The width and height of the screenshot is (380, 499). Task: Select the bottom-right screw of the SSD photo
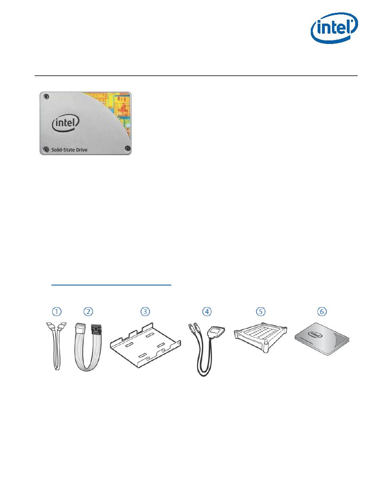point(127,149)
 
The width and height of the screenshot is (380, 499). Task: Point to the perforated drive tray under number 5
point(261,337)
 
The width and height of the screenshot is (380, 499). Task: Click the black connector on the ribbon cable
point(96,330)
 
